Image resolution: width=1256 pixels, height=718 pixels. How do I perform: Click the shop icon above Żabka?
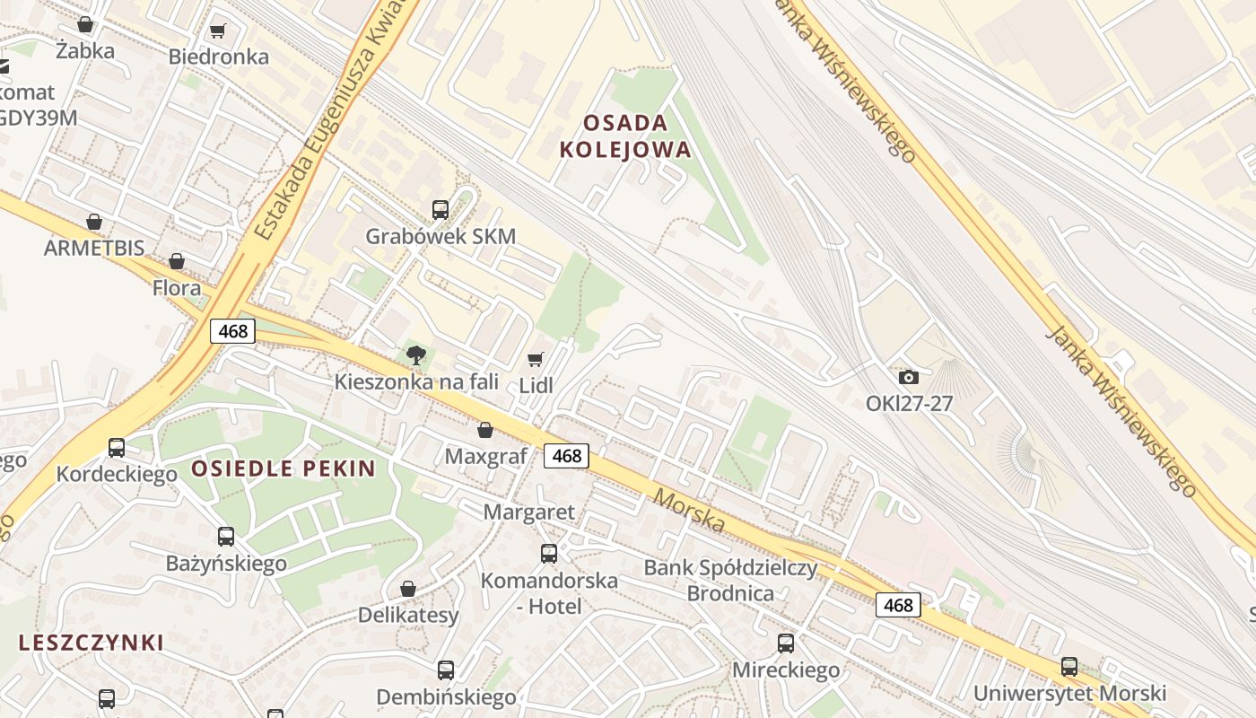coord(85,24)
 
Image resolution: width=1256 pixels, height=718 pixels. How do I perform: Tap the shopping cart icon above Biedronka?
coord(217,31)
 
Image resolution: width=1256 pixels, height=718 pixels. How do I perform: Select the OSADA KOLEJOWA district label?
coord(625,136)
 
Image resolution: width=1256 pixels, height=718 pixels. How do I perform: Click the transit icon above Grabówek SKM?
coord(440,210)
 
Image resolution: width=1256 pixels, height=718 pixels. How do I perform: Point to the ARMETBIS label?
coord(94,248)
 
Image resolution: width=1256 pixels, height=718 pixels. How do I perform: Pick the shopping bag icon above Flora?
coord(177,261)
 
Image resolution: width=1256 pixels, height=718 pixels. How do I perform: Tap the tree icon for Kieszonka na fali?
coord(415,355)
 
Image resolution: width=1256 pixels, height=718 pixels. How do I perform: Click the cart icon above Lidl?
coord(536,359)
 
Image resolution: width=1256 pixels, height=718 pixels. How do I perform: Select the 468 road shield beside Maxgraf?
coord(567,456)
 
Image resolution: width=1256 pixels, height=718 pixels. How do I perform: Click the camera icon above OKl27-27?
coord(909,377)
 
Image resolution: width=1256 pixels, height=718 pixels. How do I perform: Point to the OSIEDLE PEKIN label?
coord(283,468)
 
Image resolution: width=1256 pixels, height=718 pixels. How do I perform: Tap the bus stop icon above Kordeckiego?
coord(117,447)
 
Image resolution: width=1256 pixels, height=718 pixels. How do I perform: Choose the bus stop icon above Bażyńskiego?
coord(226,537)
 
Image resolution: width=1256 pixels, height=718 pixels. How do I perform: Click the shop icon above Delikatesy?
coord(408,589)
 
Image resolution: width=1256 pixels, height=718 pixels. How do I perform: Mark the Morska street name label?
coord(688,509)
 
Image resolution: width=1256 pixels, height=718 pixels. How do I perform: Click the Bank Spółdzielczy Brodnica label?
coord(730,580)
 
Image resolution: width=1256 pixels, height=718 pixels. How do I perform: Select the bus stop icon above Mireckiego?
coord(786,643)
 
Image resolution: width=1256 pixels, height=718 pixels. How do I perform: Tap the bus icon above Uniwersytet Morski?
coord(1069,666)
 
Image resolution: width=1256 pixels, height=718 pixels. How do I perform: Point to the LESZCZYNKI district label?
coord(92,642)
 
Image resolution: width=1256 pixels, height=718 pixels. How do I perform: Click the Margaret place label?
coord(528,512)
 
